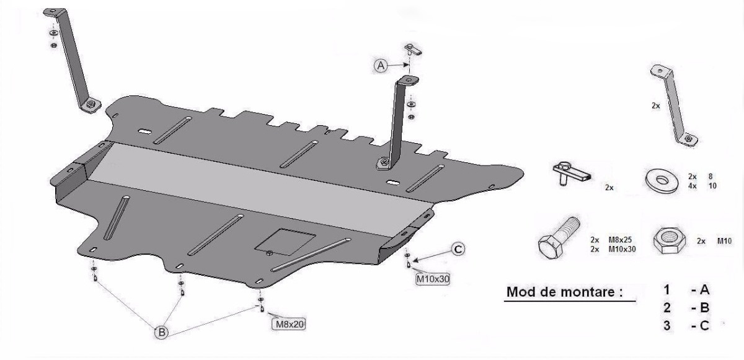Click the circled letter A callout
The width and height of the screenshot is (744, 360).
(x=380, y=64)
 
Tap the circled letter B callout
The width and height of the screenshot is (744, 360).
(x=161, y=332)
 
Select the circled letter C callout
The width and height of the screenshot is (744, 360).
(x=457, y=249)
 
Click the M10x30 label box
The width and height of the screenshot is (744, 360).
(x=432, y=279)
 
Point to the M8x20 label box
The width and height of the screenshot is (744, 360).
(x=288, y=323)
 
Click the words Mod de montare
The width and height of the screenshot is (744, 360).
(x=564, y=292)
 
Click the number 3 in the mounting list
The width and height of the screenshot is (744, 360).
(x=667, y=325)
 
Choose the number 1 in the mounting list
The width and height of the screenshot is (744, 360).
(x=667, y=289)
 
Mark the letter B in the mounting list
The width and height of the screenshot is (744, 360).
(x=704, y=308)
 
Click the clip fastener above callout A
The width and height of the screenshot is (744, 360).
(x=413, y=49)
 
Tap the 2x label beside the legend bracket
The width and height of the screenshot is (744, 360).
(x=655, y=106)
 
